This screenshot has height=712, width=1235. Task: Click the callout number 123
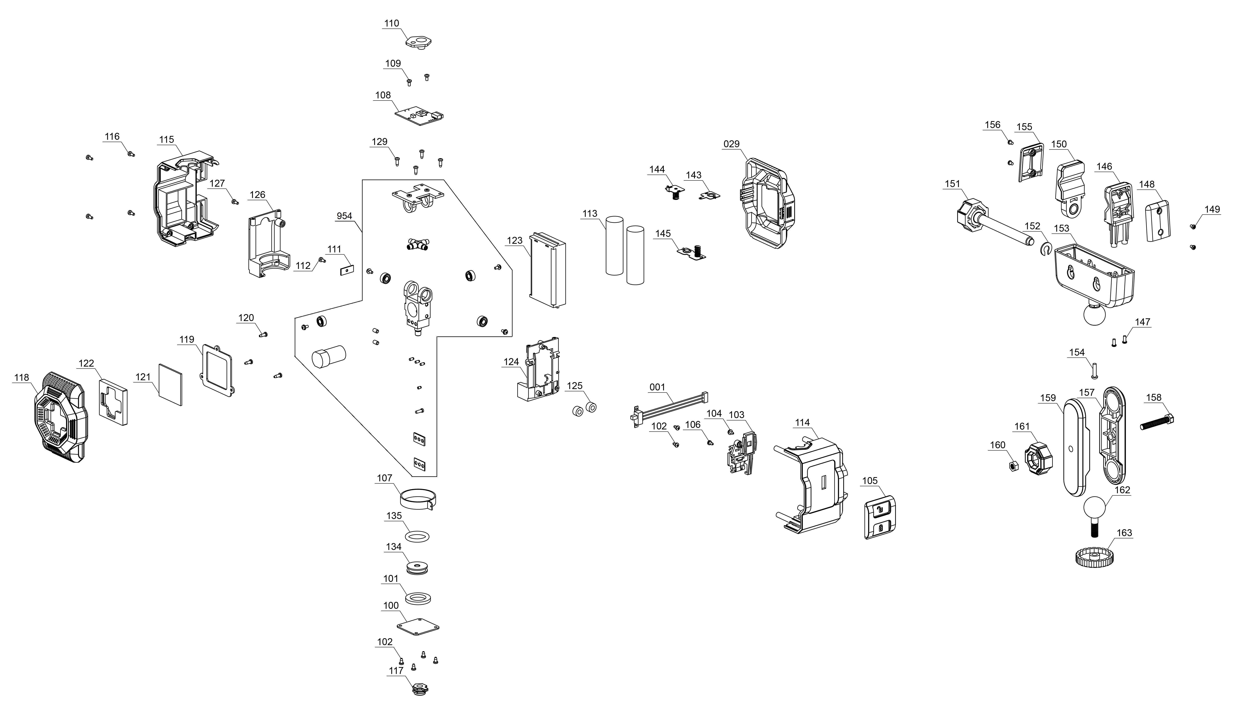point(514,241)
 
